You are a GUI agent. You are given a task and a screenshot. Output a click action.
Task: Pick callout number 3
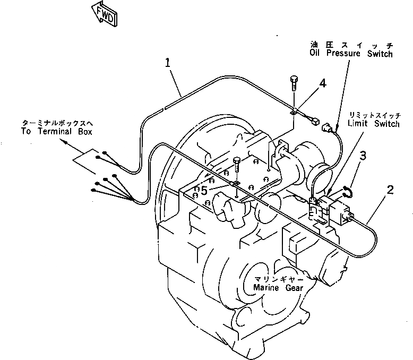pyautogui.click(x=363, y=155)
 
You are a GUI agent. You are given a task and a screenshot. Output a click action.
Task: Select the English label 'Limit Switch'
pyautogui.click(x=374, y=124)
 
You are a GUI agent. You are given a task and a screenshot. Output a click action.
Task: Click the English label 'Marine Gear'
pyautogui.click(x=278, y=287)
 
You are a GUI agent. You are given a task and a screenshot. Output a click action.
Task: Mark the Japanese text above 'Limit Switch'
pyautogui.click(x=374, y=115)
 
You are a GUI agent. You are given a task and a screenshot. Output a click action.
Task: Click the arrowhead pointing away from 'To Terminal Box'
pyautogui.click(x=65, y=142)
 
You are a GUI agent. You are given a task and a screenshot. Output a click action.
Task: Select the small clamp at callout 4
pyautogui.click(x=294, y=111)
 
